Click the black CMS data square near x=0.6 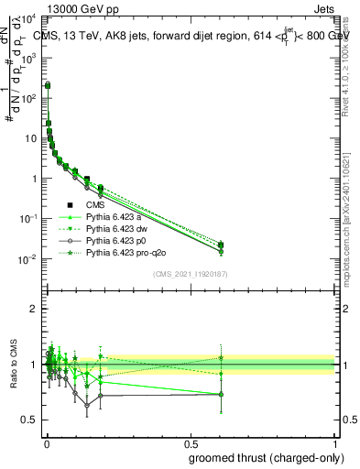(x=221, y=245)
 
